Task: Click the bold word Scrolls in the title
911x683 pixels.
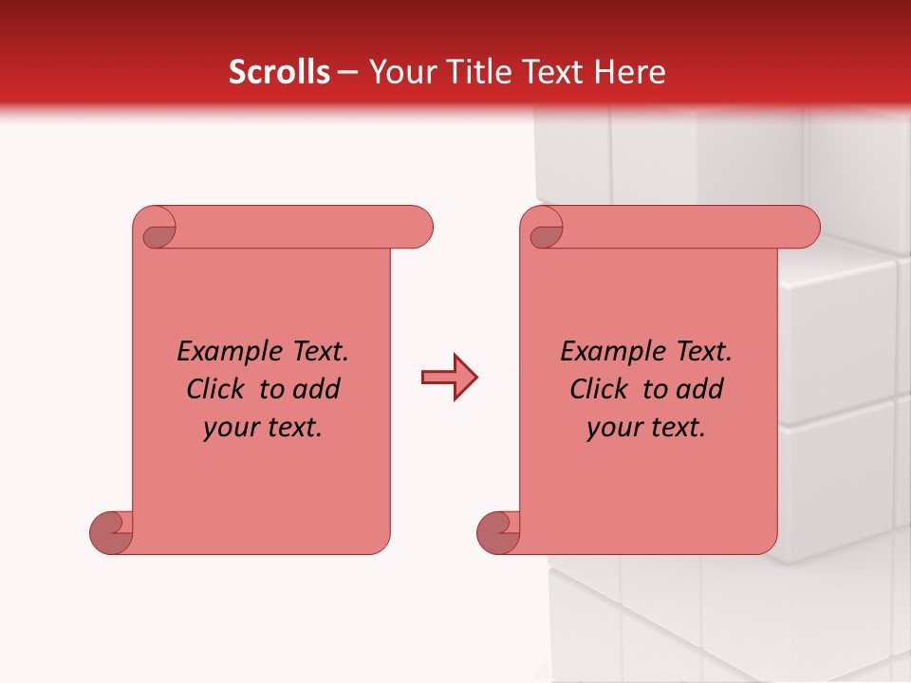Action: pyautogui.click(x=279, y=72)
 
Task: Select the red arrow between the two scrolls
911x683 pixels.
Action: pyautogui.click(x=449, y=378)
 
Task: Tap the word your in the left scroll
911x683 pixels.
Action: pyautogui.click(x=230, y=428)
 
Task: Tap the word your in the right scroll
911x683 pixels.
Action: pyautogui.click(x=613, y=428)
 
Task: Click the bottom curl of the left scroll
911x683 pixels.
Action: pyautogui.click(x=112, y=532)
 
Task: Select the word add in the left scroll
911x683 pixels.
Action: pyautogui.click(x=318, y=389)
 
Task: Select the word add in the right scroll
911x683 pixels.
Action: pyautogui.click(x=701, y=389)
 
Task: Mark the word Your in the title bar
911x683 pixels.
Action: pyautogui.click(x=400, y=72)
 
